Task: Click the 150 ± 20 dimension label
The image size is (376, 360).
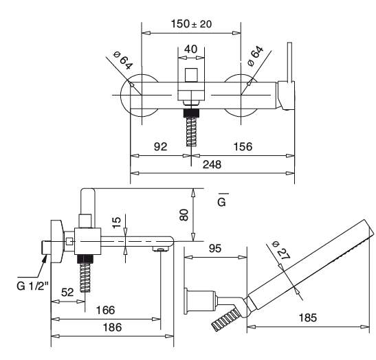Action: [191, 24]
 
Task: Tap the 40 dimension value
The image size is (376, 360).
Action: [191, 49]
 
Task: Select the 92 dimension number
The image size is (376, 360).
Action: [160, 146]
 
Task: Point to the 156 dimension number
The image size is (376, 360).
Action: [243, 146]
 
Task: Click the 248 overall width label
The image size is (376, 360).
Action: [212, 165]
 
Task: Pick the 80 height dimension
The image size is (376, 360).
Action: [184, 215]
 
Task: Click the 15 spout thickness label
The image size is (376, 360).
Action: [117, 223]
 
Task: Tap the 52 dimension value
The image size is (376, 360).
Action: [67, 293]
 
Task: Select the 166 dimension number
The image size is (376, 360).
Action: [105, 310]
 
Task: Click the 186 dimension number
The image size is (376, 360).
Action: [112, 327]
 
